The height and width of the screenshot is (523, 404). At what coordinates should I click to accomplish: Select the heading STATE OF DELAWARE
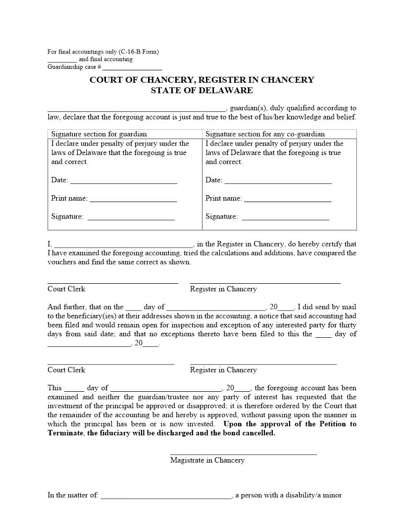[202, 91]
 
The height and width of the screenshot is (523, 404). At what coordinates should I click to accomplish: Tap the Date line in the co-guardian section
[278, 182]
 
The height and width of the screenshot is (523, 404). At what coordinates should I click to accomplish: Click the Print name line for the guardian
[133, 200]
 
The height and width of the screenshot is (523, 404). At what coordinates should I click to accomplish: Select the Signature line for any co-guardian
[285, 218]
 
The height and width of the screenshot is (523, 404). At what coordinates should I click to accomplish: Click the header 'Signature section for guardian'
[99, 134]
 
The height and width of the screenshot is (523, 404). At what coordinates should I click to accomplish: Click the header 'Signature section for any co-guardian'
[265, 134]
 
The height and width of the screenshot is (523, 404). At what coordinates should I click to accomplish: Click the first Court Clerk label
[66, 289]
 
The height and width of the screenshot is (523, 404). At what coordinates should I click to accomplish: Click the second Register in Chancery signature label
[223, 370]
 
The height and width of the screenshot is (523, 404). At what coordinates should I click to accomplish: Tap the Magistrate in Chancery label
[207, 460]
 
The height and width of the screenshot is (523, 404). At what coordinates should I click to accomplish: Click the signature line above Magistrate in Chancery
[243, 453]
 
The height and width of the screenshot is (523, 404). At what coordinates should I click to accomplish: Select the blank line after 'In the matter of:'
[166, 497]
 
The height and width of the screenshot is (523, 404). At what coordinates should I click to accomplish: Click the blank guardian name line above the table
[137, 109]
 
